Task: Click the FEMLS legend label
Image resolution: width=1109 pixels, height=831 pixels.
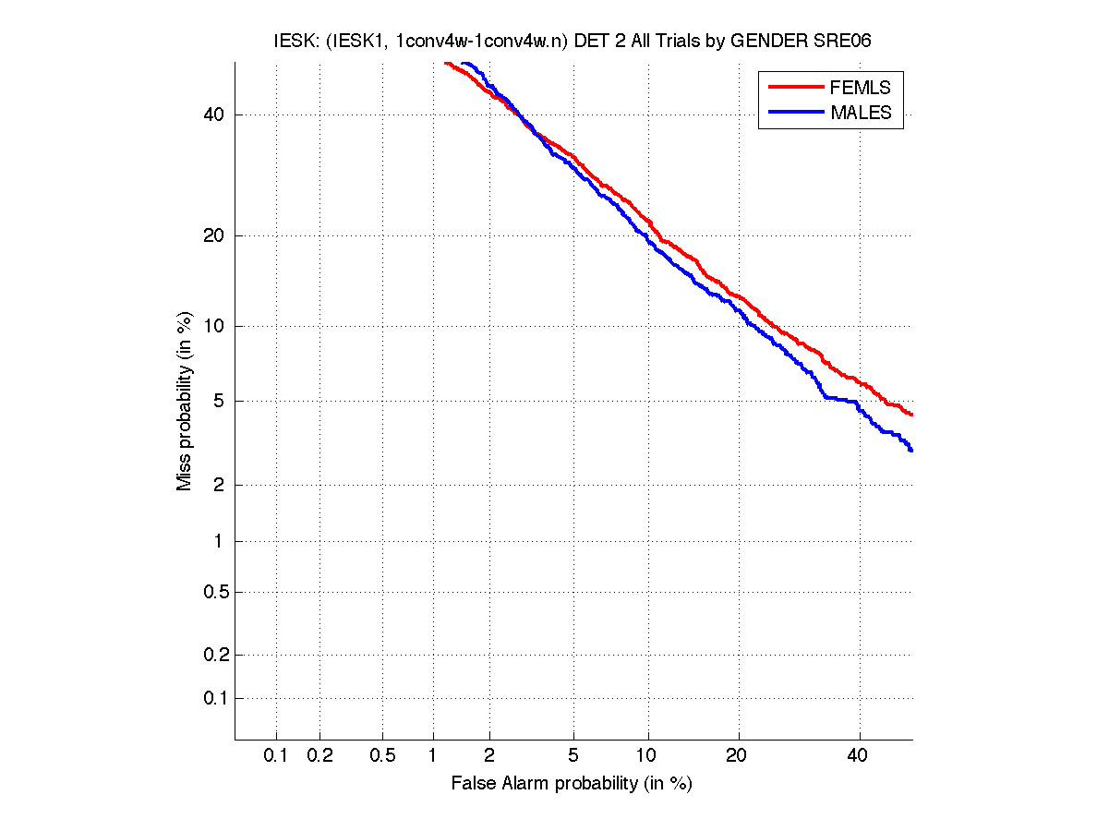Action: click(x=860, y=88)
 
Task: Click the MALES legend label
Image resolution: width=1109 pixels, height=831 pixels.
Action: click(x=861, y=113)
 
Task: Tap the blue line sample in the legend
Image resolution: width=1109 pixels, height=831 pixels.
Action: click(x=795, y=112)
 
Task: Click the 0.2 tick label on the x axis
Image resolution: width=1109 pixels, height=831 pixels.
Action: click(x=319, y=755)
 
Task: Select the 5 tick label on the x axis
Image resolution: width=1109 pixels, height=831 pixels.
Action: click(x=573, y=755)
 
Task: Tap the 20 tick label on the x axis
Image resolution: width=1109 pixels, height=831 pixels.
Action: click(x=736, y=755)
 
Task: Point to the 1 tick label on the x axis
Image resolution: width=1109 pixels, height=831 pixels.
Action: click(x=433, y=755)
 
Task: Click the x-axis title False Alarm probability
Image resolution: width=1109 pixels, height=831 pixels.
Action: click(x=572, y=784)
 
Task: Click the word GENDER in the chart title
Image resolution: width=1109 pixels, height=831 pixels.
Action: click(x=765, y=42)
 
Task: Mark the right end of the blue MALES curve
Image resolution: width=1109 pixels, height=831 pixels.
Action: click(x=911, y=451)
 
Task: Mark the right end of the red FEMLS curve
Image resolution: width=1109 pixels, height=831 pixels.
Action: click(x=911, y=415)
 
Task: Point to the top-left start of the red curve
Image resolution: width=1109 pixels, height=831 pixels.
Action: click(x=445, y=63)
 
